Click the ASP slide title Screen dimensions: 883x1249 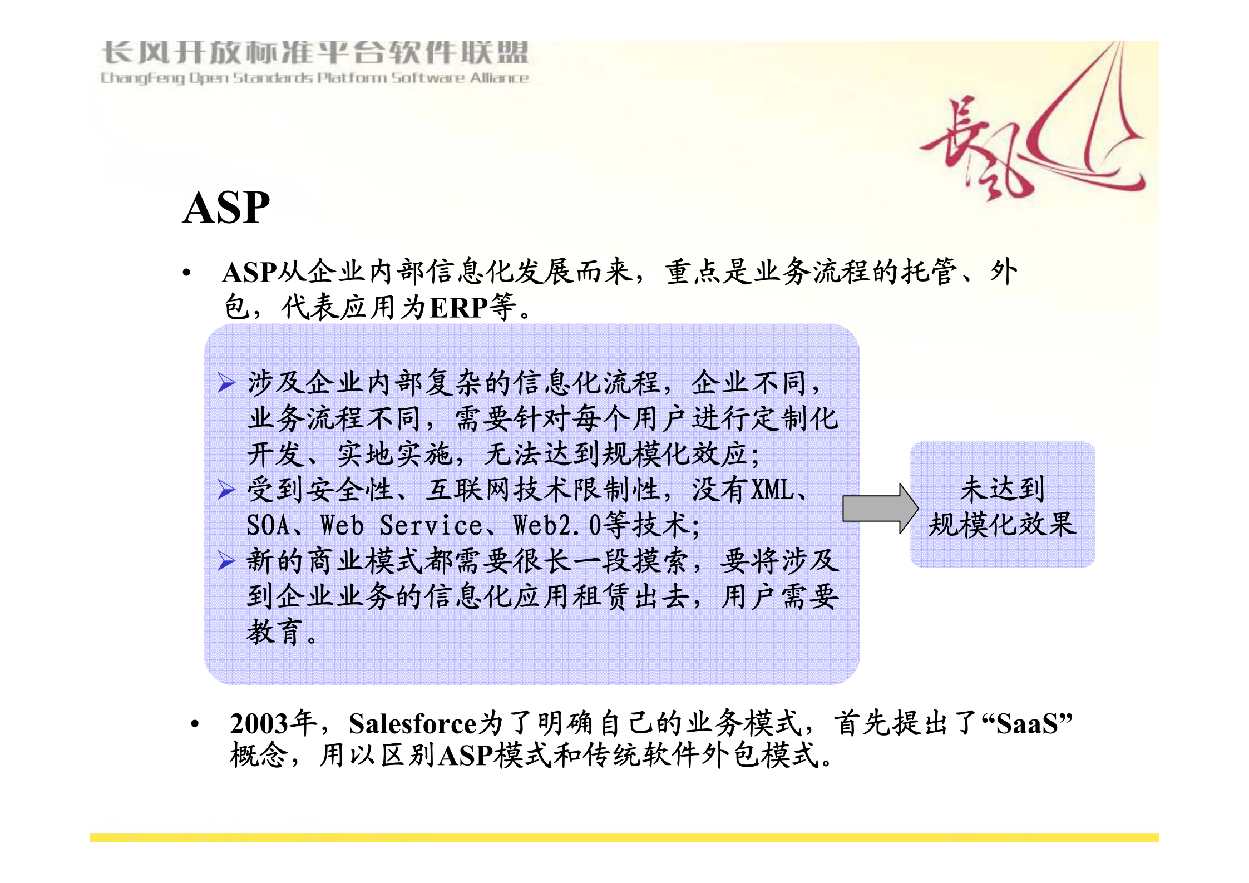point(226,208)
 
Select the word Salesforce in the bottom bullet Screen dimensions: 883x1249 point(412,724)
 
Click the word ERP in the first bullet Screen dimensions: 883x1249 point(458,308)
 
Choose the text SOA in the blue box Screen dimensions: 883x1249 point(268,526)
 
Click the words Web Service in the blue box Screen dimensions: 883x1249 point(401,526)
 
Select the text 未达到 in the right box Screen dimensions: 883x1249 point(1002,489)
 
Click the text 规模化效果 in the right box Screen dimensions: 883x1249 point(1002,525)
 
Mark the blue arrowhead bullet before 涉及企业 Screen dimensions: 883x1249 point(226,383)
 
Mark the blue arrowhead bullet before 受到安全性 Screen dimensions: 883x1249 point(226,490)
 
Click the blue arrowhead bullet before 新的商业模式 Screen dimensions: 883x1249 point(226,561)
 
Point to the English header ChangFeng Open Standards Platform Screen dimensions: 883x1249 point(314,78)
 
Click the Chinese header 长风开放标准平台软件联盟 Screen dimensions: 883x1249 point(314,53)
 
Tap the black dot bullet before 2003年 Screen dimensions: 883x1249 point(195,724)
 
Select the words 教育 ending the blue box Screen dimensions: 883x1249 point(274,632)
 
